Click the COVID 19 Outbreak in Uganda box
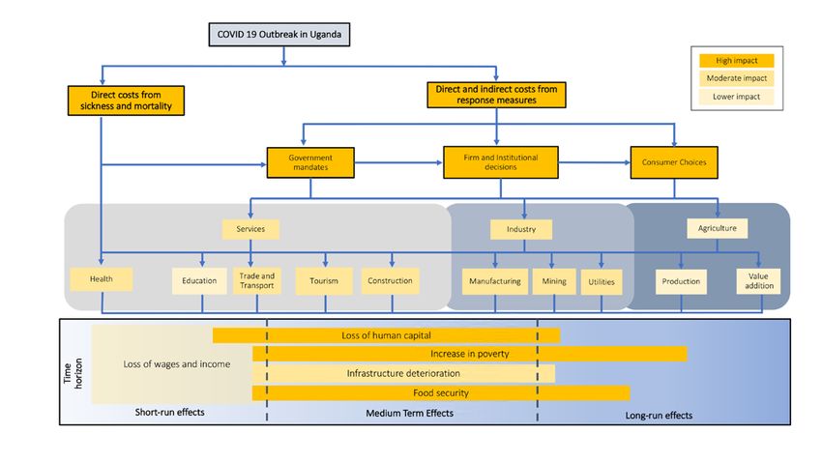(279, 35)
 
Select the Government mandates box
(310, 162)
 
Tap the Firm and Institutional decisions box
(501, 162)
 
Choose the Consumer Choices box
(674, 162)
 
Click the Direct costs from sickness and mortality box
(126, 101)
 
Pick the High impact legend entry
(737, 61)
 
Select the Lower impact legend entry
(737, 97)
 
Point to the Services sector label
(250, 229)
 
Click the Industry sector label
(521, 229)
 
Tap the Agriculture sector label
(718, 228)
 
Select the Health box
(102, 279)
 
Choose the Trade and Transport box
(257, 280)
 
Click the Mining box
(554, 281)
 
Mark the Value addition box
(758, 281)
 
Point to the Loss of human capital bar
(387, 335)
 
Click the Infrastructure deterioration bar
(403, 373)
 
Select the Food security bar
(441, 392)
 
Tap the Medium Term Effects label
(409, 414)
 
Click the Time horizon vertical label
(73, 373)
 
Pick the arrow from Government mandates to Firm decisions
(398, 163)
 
